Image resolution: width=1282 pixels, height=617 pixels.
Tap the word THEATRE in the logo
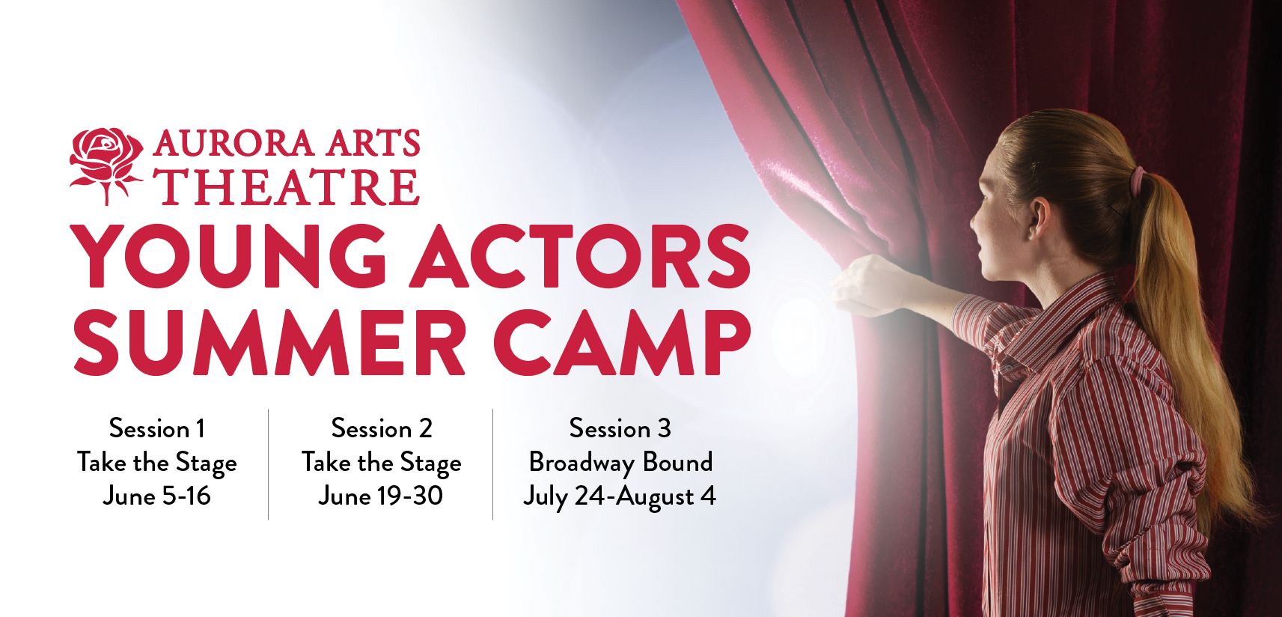(x=287, y=187)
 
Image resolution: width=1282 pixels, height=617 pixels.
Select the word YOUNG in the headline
(x=229, y=256)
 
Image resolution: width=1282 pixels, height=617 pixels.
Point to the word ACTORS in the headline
(x=582, y=256)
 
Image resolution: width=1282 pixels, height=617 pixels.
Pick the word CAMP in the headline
(x=621, y=342)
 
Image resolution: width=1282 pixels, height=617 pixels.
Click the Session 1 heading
(x=156, y=428)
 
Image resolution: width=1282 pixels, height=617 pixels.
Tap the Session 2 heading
(x=382, y=428)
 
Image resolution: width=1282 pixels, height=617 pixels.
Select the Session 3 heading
(x=620, y=428)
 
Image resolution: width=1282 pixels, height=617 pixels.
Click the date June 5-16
(x=156, y=496)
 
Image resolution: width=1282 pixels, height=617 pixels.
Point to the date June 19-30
(x=380, y=496)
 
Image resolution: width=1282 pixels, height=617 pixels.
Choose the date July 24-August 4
(x=620, y=496)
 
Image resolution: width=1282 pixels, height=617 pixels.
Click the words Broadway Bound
(x=620, y=463)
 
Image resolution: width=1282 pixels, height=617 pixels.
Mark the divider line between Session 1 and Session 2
(x=268, y=464)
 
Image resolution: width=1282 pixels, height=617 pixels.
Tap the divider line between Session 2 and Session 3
(x=492, y=464)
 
